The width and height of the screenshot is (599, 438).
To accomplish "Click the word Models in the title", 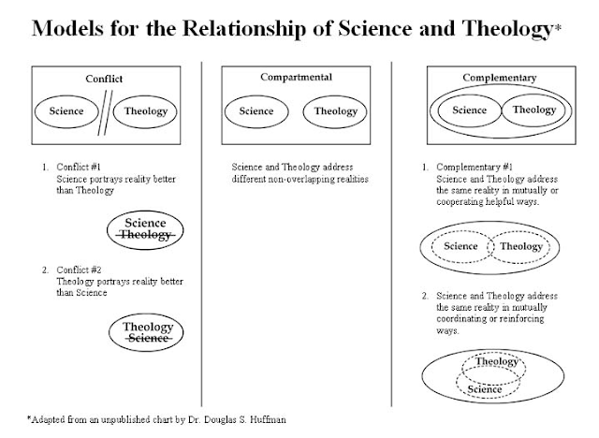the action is [x=67, y=28].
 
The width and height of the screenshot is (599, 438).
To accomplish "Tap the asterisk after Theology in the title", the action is [x=558, y=27].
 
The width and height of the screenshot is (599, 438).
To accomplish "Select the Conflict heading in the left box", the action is [x=104, y=79].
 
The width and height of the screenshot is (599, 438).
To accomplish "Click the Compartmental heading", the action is [x=296, y=77].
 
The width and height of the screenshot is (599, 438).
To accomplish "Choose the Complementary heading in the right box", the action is [x=499, y=78].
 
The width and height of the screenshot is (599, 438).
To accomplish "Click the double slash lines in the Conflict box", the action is [x=105, y=112].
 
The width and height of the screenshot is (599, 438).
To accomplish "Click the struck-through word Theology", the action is [x=145, y=235].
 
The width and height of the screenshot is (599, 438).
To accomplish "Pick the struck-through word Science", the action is [x=148, y=339].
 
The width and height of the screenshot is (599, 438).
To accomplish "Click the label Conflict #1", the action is [x=79, y=167].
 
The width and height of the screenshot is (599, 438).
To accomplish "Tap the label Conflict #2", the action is [x=79, y=270].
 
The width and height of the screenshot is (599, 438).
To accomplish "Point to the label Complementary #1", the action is [x=475, y=168].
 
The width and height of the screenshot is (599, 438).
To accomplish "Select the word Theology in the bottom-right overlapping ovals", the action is [x=496, y=361].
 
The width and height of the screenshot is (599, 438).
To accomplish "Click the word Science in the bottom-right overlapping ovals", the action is [x=485, y=389].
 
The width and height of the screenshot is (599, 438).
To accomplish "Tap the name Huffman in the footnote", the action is [x=268, y=419].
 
